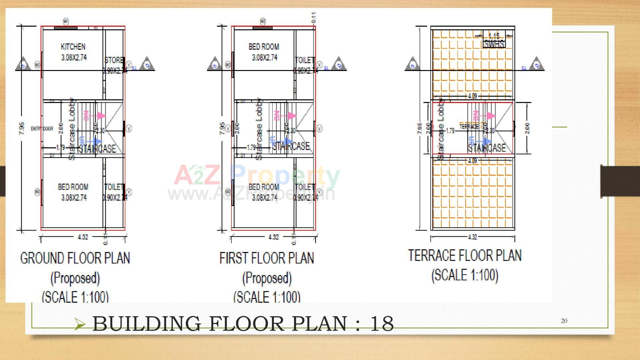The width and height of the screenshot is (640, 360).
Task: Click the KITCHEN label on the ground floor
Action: [73, 47]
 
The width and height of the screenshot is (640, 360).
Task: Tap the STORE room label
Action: [114, 60]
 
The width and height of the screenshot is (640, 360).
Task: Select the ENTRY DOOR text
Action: [42, 129]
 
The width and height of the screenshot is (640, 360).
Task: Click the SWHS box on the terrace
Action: [494, 44]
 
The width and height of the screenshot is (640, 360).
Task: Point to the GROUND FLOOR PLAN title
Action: [75, 258]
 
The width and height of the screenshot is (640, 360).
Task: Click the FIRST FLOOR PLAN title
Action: [267, 258]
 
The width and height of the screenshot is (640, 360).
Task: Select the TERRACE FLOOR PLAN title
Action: [465, 256]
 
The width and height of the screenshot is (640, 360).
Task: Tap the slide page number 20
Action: [564, 321]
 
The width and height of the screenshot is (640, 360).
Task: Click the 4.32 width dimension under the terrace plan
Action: [472, 237]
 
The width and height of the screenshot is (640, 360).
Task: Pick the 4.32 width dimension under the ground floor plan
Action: [83, 237]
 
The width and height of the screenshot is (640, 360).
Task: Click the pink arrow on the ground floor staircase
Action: [101, 116]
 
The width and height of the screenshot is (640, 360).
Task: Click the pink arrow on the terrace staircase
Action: [490, 116]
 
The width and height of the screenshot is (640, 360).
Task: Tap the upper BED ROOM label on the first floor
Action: [264, 47]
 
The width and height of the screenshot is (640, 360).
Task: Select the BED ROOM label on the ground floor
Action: [73, 187]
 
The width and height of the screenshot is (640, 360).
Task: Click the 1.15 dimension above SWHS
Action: [494, 36]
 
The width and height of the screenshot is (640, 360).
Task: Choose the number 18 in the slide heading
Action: [382, 324]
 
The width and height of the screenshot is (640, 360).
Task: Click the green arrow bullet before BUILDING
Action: [80, 324]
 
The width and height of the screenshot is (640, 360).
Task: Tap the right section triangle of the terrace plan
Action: [536, 64]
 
